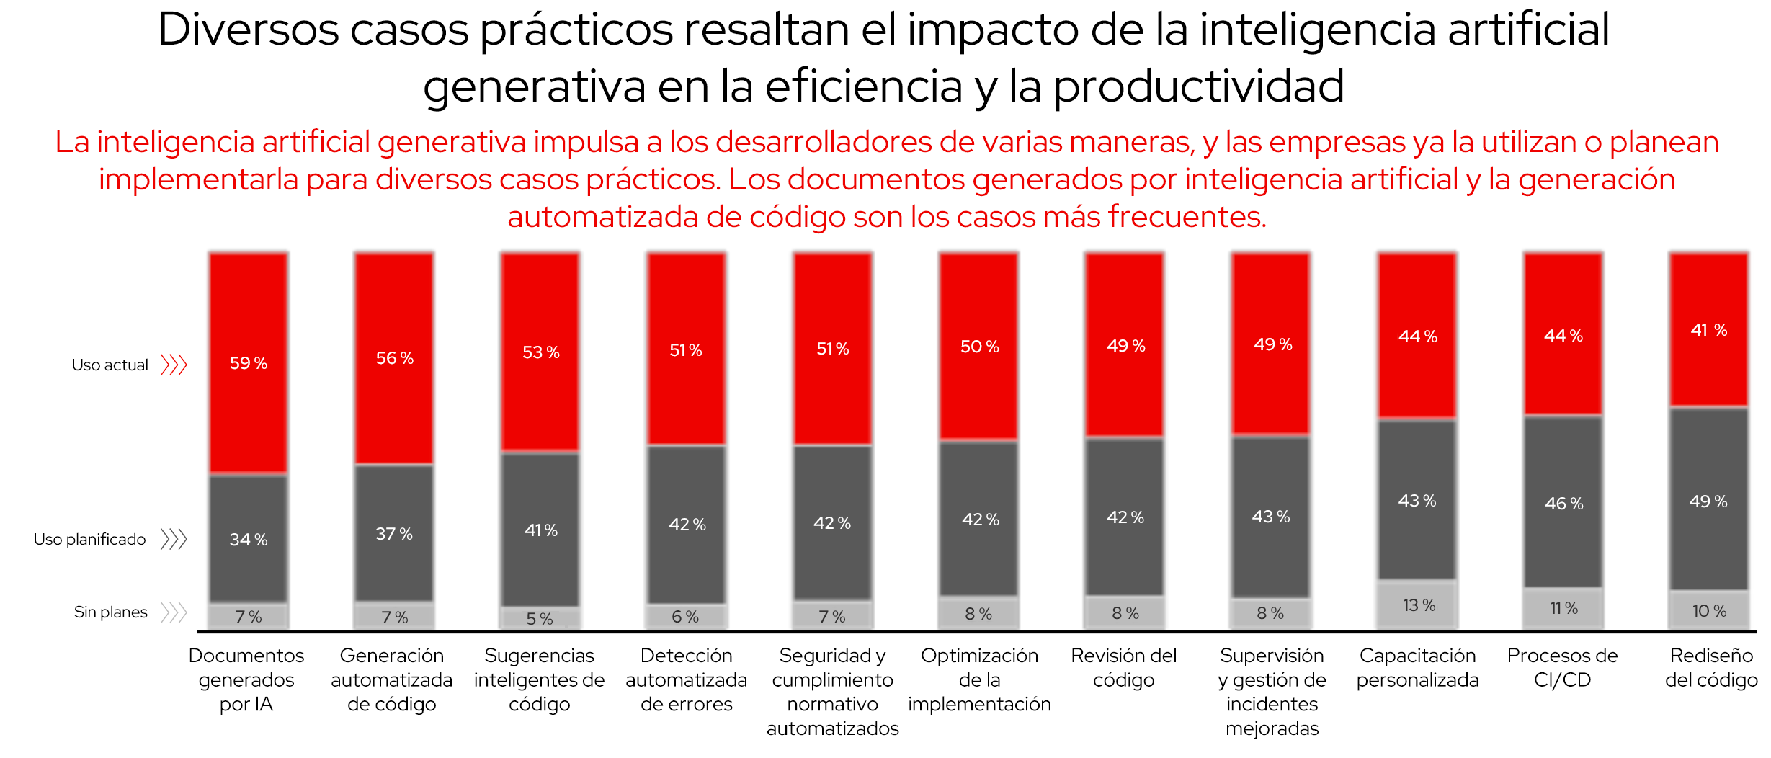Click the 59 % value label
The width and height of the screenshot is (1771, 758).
249,363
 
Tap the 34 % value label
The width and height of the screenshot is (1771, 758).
249,540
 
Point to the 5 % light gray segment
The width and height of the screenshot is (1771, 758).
540,618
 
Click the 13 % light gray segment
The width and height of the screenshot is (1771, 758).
1417,605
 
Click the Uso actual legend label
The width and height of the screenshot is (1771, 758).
110,365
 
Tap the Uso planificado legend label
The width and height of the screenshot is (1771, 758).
89,540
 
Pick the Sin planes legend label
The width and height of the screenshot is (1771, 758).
110,612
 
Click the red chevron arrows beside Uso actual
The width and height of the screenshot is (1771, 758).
174,365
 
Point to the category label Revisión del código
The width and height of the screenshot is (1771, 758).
1123,668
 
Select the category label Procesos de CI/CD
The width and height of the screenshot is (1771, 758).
1562,668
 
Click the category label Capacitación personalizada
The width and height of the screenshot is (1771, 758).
1417,668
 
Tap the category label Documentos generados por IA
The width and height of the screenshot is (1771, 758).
246,679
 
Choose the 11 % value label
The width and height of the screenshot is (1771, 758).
1563,609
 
